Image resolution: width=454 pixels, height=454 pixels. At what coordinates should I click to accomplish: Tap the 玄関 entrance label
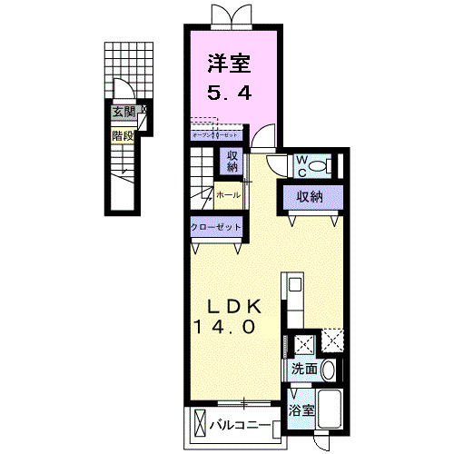point(123,113)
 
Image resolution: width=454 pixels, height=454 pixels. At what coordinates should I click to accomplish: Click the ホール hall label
point(229,194)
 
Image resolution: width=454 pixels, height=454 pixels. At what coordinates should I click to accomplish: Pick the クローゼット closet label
point(216,228)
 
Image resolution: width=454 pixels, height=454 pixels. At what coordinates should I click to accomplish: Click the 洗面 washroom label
point(304,370)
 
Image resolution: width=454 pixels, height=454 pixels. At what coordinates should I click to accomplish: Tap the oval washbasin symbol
point(328,370)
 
